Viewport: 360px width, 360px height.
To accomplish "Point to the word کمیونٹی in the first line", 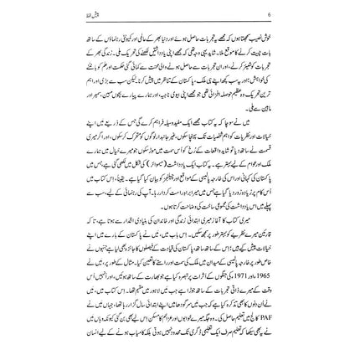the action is coord(276,39).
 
